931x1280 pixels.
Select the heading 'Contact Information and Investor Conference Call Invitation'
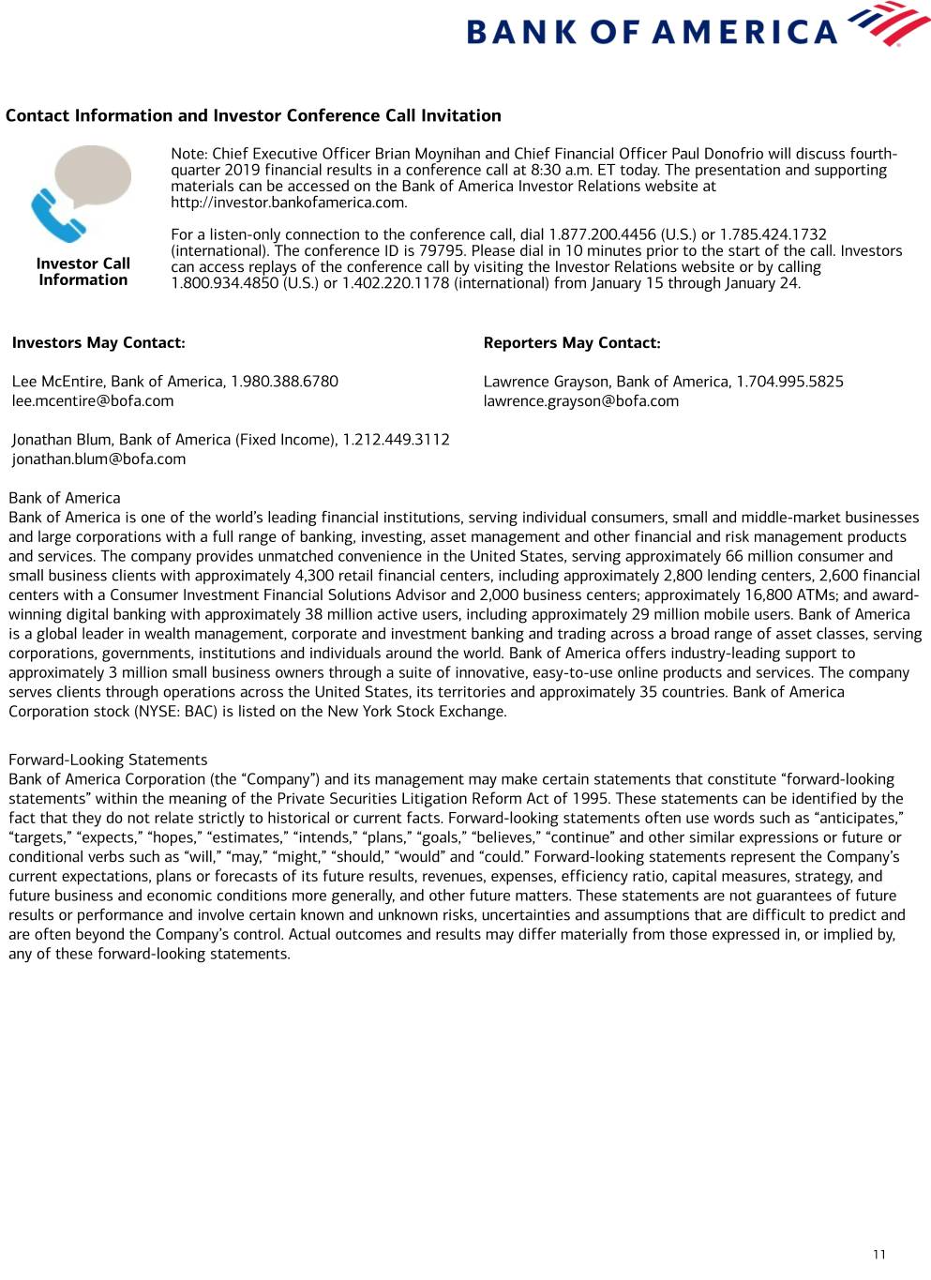(253, 116)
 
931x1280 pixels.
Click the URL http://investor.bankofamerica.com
(289, 203)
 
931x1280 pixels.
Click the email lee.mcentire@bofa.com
(93, 401)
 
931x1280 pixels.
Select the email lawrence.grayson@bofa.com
(580, 401)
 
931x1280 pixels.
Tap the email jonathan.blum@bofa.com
(98, 459)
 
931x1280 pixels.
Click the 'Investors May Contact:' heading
(98, 343)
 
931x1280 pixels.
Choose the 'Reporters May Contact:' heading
(572, 343)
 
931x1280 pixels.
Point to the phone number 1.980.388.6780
(284, 382)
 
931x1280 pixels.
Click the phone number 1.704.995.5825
(789, 382)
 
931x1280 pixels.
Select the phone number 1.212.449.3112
(396, 440)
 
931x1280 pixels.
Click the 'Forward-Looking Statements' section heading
(108, 760)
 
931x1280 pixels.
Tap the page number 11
(878, 1255)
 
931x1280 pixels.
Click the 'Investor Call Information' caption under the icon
(83, 272)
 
